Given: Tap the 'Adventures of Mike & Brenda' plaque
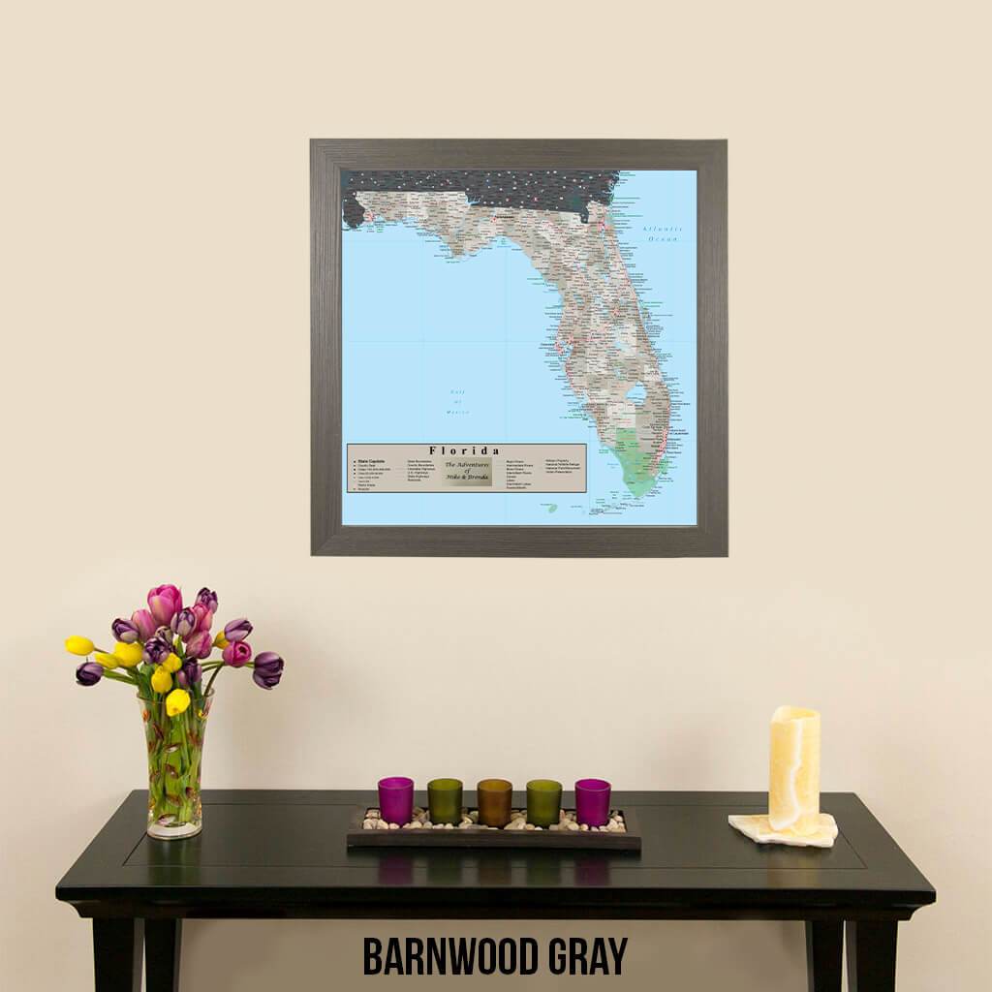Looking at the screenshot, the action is tap(467, 472).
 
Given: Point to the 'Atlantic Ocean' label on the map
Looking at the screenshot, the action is tap(663, 233).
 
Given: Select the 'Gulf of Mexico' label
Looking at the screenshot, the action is tap(457, 402).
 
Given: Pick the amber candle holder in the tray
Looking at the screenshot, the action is tap(494, 802).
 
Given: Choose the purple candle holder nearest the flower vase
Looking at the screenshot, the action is tap(395, 800).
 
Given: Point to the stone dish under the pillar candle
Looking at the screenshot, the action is tap(783, 829).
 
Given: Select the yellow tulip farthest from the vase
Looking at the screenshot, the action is tap(79, 645).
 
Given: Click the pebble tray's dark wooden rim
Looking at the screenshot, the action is tap(493, 841).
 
